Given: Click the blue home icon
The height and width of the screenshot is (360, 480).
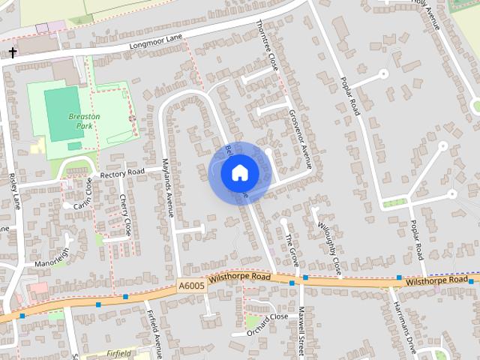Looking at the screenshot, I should (x=240, y=173).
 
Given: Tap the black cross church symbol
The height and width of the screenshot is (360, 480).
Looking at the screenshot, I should (x=13, y=53).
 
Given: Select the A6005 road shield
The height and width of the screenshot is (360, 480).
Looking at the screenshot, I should (x=191, y=286).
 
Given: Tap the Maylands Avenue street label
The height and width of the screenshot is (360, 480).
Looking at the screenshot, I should (x=169, y=192).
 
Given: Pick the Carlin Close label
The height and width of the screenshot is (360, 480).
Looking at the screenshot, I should (x=83, y=193).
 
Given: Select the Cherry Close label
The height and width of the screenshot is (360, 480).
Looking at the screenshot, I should (x=125, y=214).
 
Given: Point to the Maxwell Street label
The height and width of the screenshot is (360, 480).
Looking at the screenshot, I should (x=301, y=328).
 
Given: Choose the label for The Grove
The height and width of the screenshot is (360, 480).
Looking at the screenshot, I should (x=292, y=250).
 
